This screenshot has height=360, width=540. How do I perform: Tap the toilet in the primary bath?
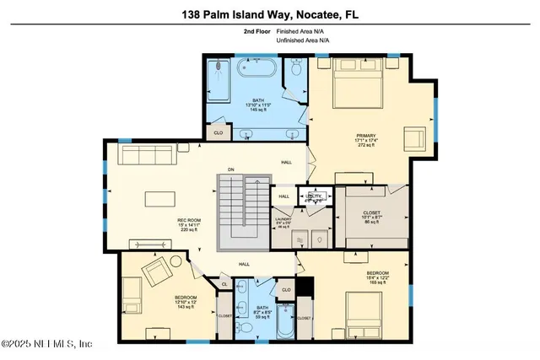294,75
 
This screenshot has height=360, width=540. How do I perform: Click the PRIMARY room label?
365,136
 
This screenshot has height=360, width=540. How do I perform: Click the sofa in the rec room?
148,154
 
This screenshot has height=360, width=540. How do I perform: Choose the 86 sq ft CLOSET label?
371,216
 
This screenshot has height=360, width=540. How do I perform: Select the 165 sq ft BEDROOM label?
376,276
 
